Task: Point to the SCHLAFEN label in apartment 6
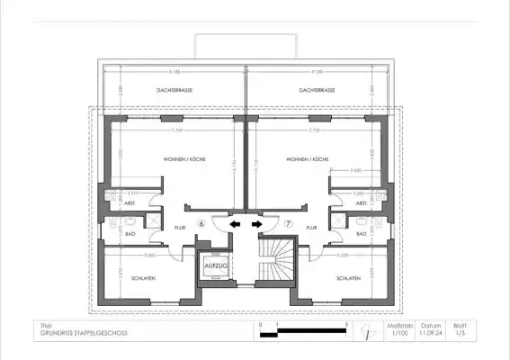tap(141, 279)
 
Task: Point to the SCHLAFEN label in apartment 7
tap(349, 279)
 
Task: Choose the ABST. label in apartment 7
tap(362, 203)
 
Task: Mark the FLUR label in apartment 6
tap(180, 229)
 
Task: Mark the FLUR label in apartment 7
tap(311, 229)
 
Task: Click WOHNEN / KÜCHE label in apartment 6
tap(184, 158)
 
